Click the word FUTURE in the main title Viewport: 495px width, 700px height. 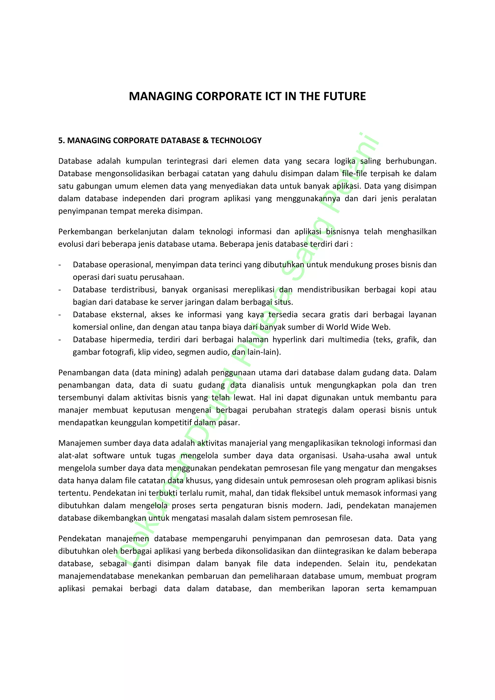344,96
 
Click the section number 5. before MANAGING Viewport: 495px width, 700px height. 61,141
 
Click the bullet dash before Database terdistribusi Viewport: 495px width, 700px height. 60,290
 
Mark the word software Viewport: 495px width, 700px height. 109,455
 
